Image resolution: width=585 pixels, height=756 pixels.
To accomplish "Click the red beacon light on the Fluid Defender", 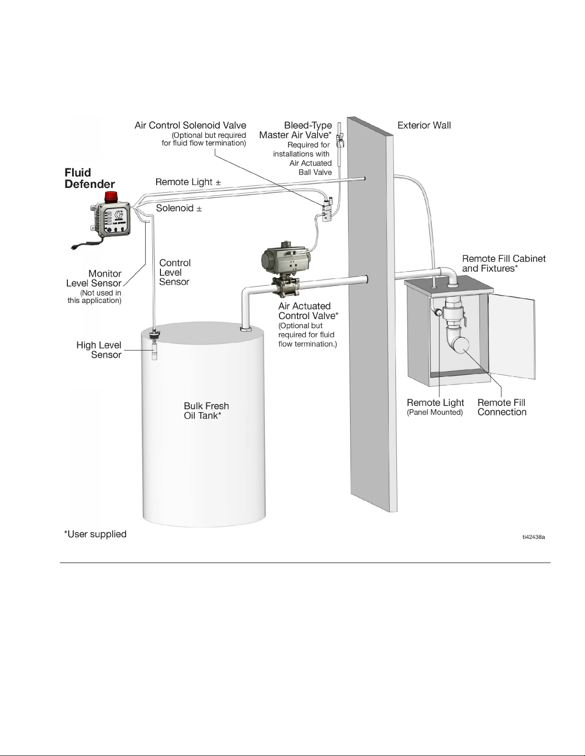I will pyautogui.click(x=111, y=197).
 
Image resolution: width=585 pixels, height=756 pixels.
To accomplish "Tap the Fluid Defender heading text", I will pyautogui.click(x=89, y=178).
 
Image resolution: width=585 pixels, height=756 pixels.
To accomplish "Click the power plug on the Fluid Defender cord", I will pyautogui.click(x=74, y=247).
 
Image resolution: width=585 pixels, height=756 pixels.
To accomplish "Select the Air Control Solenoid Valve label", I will pyautogui.click(x=190, y=125).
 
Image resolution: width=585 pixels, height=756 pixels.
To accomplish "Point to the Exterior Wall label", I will pyautogui.click(x=424, y=125).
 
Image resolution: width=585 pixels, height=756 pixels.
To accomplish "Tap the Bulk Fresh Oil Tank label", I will pyautogui.click(x=206, y=411).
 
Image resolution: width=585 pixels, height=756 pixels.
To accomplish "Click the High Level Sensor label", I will pyautogui.click(x=99, y=350).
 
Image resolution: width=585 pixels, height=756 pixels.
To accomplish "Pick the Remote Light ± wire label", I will pyautogui.click(x=188, y=182).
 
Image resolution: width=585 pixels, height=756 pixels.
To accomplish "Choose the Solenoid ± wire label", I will pyautogui.click(x=179, y=208).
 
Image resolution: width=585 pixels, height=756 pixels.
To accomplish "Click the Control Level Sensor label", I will pyautogui.click(x=175, y=272).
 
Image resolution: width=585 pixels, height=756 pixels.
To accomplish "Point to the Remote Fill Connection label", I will pyautogui.click(x=502, y=407).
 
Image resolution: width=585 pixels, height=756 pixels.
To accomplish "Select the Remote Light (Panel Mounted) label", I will pyautogui.click(x=435, y=407).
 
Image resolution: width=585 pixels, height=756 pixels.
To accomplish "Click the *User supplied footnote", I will pyautogui.click(x=96, y=534).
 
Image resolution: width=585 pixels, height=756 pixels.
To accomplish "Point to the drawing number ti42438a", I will pyautogui.click(x=533, y=537).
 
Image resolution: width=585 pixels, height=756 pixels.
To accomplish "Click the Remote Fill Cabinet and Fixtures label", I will pyautogui.click(x=504, y=263).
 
